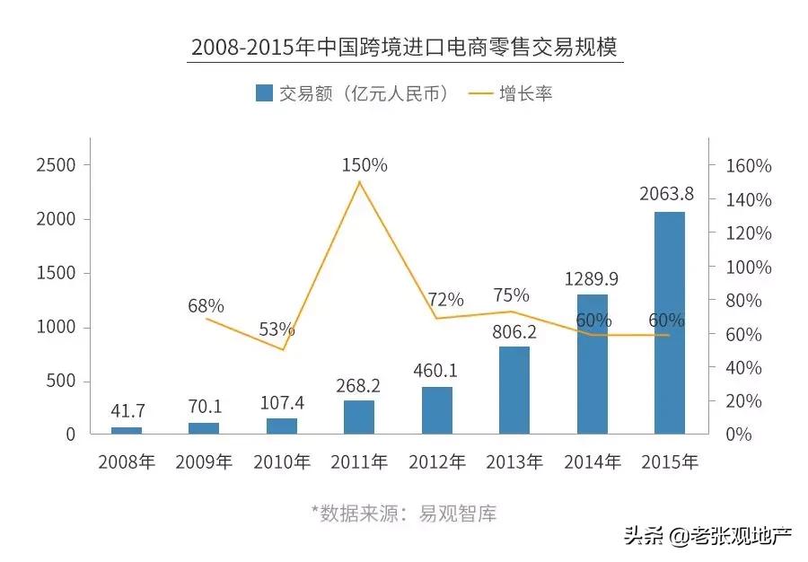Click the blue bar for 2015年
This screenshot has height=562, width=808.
[x=670, y=323]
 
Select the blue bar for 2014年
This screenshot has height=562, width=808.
[x=593, y=364]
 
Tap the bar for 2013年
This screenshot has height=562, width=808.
[x=514, y=391]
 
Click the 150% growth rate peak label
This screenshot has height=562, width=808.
[x=364, y=165]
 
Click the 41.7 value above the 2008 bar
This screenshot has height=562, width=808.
[x=127, y=411]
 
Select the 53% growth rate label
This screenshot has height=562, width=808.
[x=277, y=329]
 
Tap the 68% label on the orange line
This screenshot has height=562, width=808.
[x=206, y=306]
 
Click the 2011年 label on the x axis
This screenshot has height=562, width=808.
[x=359, y=462]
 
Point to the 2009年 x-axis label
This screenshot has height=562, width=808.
[x=204, y=462]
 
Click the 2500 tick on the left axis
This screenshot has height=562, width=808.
[x=57, y=166]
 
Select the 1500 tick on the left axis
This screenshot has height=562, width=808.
[x=57, y=274]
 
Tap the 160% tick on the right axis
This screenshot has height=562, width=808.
[x=749, y=166]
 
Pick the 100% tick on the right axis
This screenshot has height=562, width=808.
[x=749, y=267]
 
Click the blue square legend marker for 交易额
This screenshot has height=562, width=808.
[x=264, y=93]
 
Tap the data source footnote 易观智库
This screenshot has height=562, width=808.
[x=404, y=514]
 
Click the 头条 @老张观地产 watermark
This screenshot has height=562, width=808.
[x=708, y=537]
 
